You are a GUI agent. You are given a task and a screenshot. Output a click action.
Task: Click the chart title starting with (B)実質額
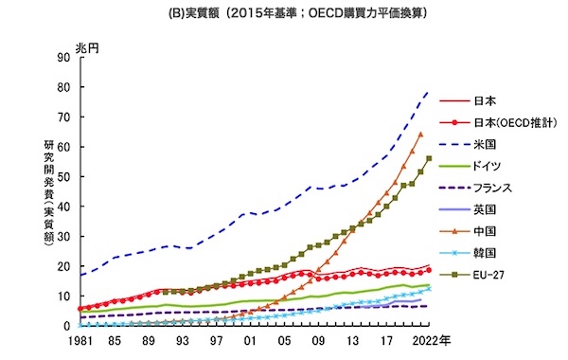click(x=298, y=13)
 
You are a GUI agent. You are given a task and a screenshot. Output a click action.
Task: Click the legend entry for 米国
click(x=468, y=145)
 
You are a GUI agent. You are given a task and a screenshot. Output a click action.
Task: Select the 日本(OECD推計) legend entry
click(x=498, y=123)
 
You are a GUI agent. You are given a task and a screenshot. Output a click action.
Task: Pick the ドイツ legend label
click(x=488, y=167)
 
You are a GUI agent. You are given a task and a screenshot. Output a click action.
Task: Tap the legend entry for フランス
click(x=475, y=189)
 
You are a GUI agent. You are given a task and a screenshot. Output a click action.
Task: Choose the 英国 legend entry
click(x=468, y=210)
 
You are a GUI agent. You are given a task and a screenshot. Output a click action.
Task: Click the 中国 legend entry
click(x=468, y=231)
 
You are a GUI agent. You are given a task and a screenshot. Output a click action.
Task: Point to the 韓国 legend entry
click(x=468, y=253)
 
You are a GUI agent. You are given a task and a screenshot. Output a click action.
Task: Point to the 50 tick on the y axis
click(x=63, y=176)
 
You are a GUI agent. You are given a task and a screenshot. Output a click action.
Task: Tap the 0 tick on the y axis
click(x=66, y=326)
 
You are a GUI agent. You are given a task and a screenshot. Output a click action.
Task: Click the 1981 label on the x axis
click(x=80, y=341)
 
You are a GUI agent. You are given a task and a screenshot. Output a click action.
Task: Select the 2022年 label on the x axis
click(x=432, y=341)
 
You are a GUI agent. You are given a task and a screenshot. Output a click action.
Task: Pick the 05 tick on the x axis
click(x=284, y=341)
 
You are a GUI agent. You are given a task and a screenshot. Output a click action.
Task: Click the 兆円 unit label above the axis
click(x=87, y=48)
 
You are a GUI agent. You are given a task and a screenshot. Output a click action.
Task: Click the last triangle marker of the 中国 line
click(x=420, y=135)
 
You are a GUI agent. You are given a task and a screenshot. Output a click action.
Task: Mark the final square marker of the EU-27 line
click(x=429, y=158)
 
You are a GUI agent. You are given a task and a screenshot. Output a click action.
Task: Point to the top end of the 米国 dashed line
click(x=429, y=92)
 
